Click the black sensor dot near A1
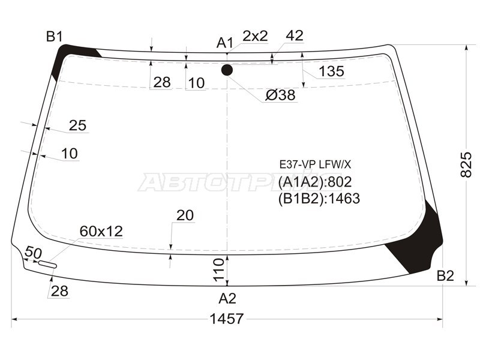(227, 70)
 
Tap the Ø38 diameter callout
(280, 95)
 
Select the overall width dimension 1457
(227, 319)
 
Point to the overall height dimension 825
(466, 164)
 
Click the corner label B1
(55, 37)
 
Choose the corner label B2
(445, 276)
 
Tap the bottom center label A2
(227, 298)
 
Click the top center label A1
(225, 43)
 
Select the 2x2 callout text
(255, 36)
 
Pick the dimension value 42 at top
(295, 36)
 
